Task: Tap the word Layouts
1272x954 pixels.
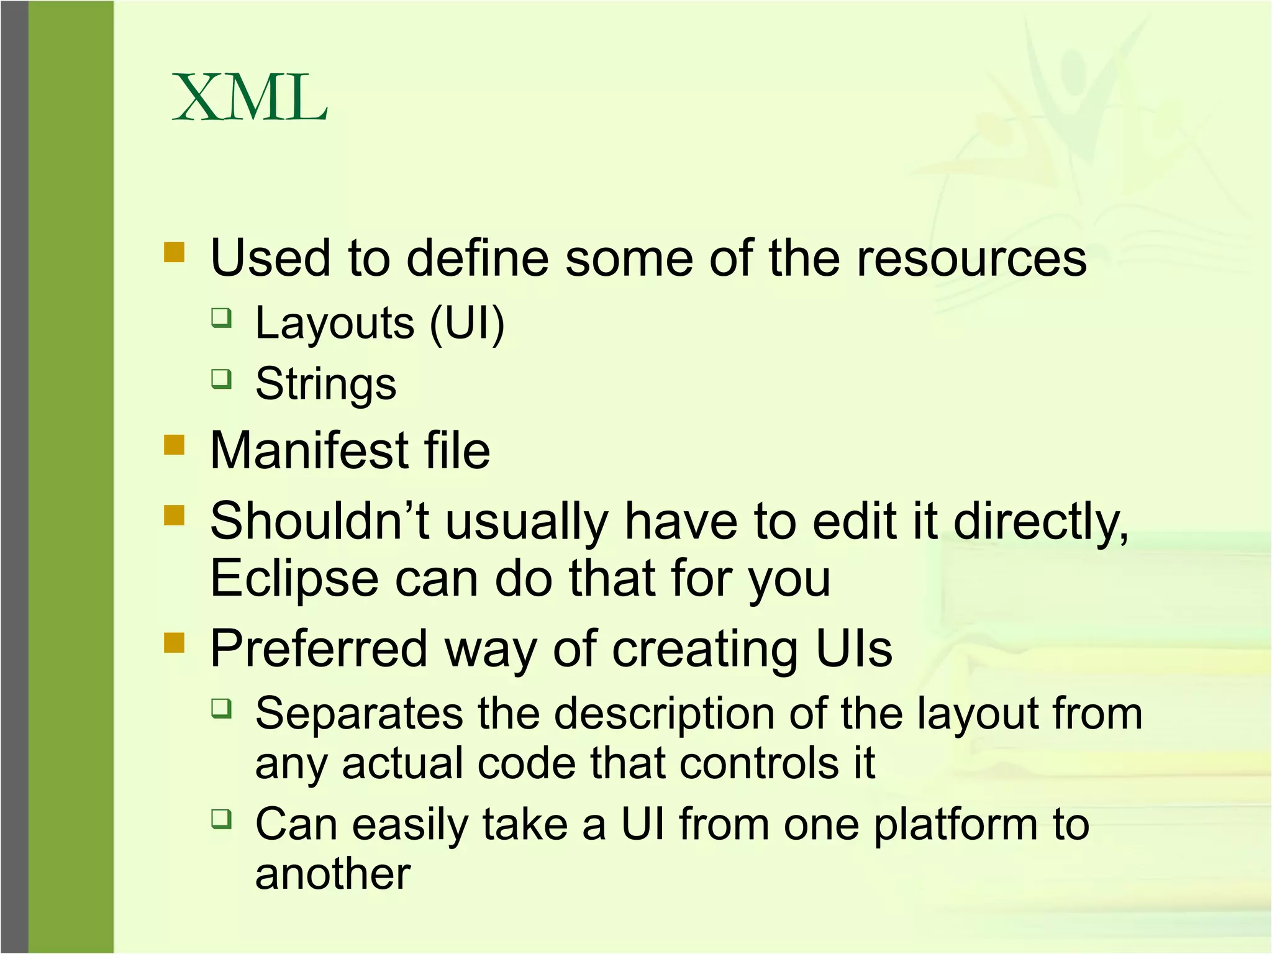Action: point(335,323)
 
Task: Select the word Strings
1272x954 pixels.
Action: point(325,384)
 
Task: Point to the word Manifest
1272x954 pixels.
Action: point(309,450)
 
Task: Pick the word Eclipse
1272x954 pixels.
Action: point(294,579)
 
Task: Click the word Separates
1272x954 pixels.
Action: point(359,713)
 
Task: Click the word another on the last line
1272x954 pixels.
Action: point(333,874)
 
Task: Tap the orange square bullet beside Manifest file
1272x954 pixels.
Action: point(175,445)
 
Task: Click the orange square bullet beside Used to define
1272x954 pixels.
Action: point(175,252)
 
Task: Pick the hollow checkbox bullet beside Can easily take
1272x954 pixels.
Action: point(221,819)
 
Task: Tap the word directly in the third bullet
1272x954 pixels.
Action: point(1041,522)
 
